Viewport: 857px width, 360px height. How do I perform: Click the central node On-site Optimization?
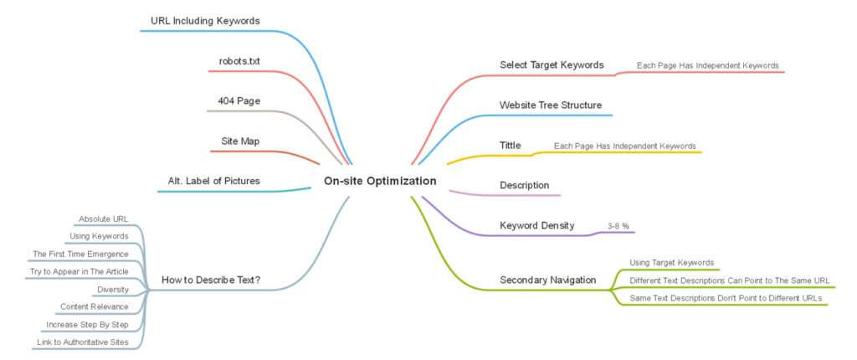coord(380,181)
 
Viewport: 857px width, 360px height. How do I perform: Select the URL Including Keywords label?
coord(205,21)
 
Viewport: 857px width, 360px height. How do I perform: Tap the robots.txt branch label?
coord(239,61)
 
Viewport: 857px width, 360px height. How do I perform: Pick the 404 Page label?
coord(239,101)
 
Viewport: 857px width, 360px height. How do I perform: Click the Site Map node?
coord(240,141)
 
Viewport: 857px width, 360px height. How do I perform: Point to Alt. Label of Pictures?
coord(213,181)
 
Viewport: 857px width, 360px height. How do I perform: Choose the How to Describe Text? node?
coord(211,280)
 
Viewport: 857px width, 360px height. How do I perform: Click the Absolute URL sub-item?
coord(103,219)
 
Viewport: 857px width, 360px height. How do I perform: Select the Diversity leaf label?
coord(113,289)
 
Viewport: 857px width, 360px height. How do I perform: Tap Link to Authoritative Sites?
coord(83,342)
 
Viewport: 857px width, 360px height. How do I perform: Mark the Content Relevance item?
coord(95,306)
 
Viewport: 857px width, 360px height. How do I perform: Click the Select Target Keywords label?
coord(552,64)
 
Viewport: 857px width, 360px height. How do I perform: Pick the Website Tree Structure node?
coord(551,105)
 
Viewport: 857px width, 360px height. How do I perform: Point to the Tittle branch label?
coord(511,146)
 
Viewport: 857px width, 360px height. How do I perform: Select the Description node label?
coord(525,186)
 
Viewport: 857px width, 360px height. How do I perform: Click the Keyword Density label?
coord(537,225)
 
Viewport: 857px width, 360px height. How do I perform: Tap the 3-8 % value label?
coord(618,225)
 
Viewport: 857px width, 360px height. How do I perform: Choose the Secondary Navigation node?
coord(548,280)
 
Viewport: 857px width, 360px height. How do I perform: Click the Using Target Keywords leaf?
coord(672,263)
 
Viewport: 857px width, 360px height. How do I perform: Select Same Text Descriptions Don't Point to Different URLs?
coord(726,298)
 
